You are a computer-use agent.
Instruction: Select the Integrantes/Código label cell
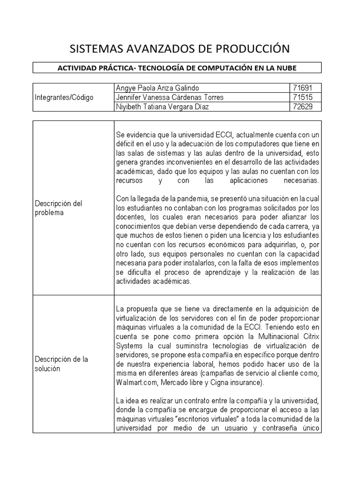tap(64, 97)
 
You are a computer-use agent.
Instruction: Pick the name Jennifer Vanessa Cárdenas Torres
tap(170, 97)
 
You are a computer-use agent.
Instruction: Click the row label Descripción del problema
tap(59, 208)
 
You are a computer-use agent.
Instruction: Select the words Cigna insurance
tap(237, 382)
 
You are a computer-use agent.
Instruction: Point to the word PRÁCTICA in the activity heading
tap(112, 68)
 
